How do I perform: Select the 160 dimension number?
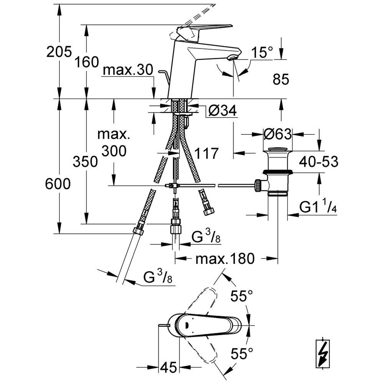tap(86, 61)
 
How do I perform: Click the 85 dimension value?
tap(280, 79)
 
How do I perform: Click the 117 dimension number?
tap(205, 154)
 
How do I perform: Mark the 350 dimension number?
tap(85, 162)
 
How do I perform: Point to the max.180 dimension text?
tap(225, 259)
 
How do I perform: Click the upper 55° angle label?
tap(242, 296)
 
